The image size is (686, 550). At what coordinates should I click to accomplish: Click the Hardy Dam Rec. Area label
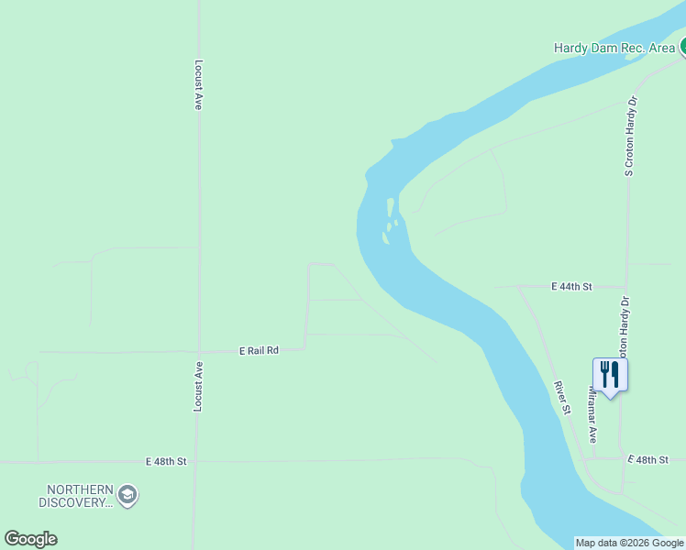click(614, 48)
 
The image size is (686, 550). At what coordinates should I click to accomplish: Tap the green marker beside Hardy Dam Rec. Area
click(682, 47)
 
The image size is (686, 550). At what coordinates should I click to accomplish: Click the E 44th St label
click(572, 287)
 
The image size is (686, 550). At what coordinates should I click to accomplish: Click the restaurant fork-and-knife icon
click(610, 374)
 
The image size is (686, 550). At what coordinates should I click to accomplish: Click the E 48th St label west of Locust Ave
click(166, 461)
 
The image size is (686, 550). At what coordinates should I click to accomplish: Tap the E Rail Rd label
click(258, 350)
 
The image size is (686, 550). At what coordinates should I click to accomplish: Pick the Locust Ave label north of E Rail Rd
click(198, 85)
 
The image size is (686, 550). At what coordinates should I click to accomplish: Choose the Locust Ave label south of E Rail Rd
click(197, 386)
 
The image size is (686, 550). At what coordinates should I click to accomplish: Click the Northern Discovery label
click(75, 495)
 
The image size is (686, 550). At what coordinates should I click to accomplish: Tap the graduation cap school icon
click(127, 495)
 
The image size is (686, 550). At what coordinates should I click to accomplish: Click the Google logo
click(30, 539)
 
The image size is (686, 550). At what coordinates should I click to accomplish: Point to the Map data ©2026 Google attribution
click(629, 543)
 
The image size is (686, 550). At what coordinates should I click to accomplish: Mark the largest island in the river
click(391, 208)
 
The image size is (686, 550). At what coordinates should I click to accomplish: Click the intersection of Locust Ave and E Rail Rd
click(198, 351)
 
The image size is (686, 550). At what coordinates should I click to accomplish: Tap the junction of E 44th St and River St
click(518, 287)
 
